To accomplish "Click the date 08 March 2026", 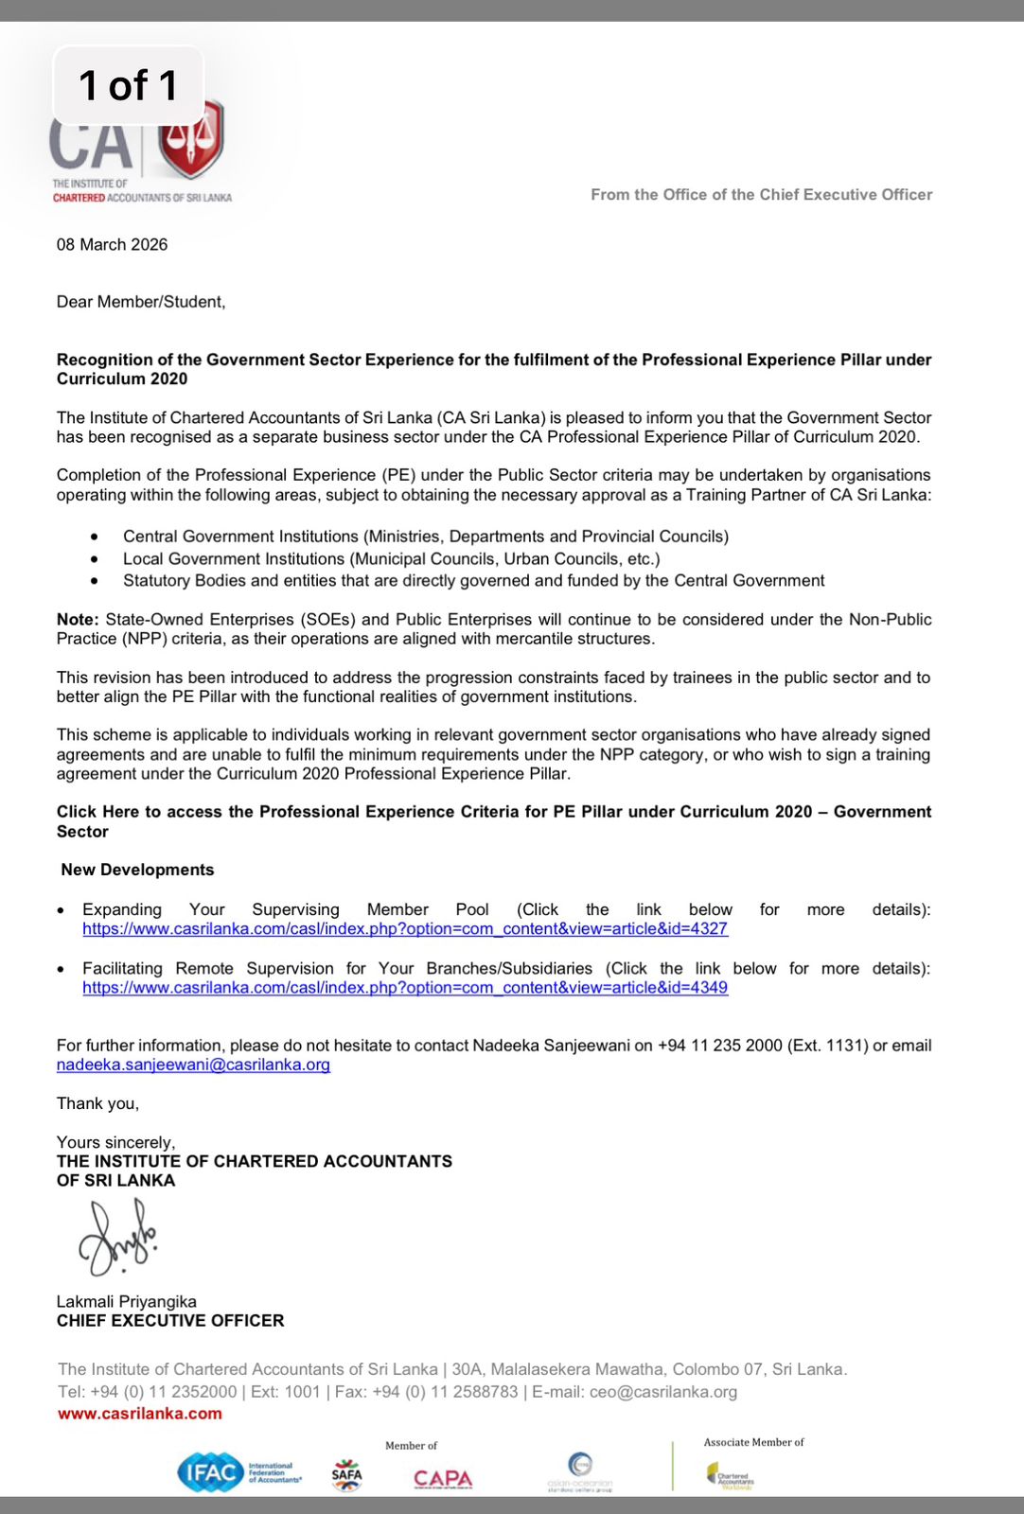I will point(112,244).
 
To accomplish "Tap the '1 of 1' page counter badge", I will point(128,85).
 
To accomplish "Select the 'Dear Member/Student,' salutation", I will point(141,302).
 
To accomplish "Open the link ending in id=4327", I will point(405,929).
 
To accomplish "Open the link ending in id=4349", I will point(405,988).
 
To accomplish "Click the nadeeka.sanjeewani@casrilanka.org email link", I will point(193,1065).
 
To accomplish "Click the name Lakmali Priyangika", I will point(127,1301).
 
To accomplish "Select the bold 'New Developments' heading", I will point(137,870).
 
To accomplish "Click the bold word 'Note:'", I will point(78,620).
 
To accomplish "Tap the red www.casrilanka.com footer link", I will point(140,1414).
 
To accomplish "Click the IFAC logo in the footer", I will point(210,1472).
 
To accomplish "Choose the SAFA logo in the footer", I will point(347,1474).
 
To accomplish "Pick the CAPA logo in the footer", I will point(443,1478).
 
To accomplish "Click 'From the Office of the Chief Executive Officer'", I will point(761,195).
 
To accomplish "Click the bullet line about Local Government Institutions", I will point(391,559).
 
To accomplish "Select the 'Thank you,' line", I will point(97,1103).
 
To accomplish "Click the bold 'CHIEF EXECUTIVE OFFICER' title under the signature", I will point(170,1321).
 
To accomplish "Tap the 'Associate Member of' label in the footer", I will point(753,1442).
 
